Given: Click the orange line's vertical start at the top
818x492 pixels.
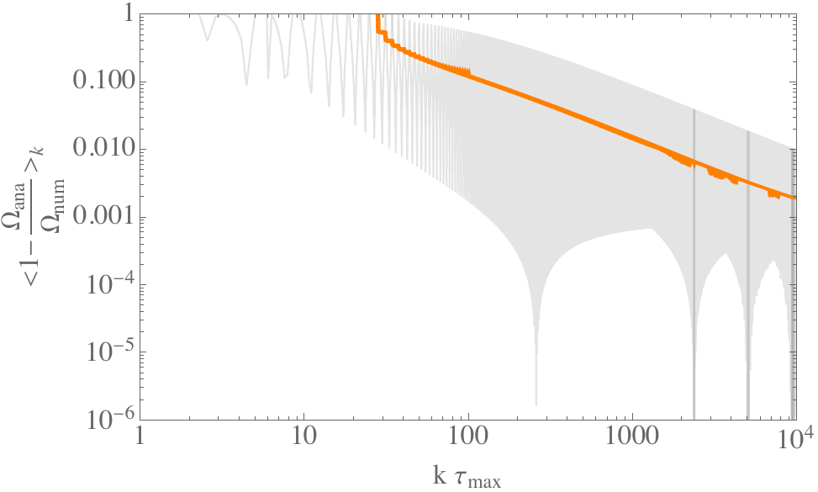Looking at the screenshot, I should (378, 20).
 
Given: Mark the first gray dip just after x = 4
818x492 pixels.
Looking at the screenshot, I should (245, 83).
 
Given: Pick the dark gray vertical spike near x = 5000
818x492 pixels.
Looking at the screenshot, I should (747, 278).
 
